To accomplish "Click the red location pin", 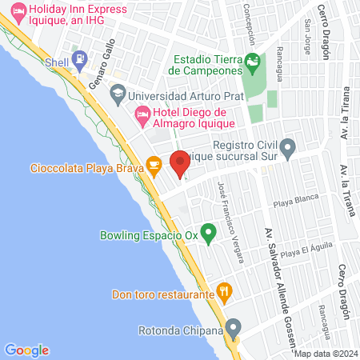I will click(180, 162).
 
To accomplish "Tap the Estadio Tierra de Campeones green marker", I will click(252, 61).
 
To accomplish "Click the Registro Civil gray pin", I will click(289, 147).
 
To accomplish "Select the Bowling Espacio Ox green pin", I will click(208, 234).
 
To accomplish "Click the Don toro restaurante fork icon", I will click(225, 293).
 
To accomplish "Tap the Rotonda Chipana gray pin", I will click(233, 328).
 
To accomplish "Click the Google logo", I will click(26, 350).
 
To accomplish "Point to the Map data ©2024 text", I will click(325, 353).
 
